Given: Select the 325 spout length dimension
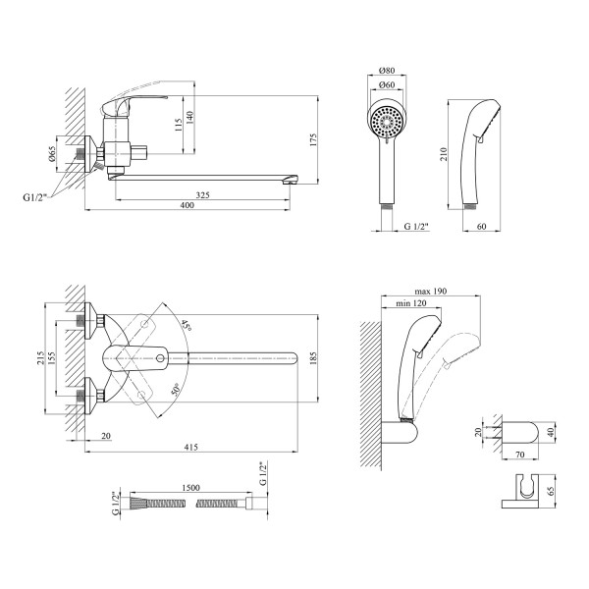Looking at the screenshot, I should coord(201,196).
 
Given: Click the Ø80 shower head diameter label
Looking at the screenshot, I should coord(386,71).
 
